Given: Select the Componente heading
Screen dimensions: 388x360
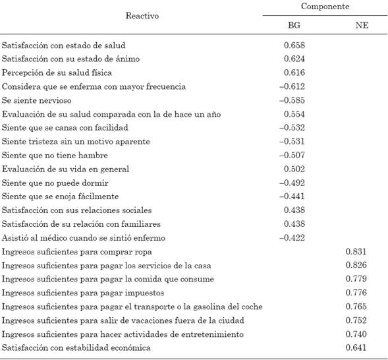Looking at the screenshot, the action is click(x=324, y=6).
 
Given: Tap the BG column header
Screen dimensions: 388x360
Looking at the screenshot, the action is click(x=293, y=24).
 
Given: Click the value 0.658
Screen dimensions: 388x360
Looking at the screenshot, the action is click(x=292, y=45).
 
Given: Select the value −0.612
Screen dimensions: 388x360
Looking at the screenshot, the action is click(x=291, y=86).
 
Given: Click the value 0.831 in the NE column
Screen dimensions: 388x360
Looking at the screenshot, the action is click(x=356, y=251).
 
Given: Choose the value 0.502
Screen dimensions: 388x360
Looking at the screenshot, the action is click(x=292, y=169).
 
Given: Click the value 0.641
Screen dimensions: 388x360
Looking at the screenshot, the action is click(x=356, y=347).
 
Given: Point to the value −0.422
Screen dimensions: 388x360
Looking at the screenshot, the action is click(x=291, y=237).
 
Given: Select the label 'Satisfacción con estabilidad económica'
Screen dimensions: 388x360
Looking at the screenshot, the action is click(x=76, y=347).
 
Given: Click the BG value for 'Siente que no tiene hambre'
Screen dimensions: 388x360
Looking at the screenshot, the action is click(x=291, y=155).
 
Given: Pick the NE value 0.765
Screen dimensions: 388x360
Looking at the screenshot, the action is click(x=356, y=306).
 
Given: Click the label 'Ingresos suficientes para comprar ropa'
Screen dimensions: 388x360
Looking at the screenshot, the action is click(x=77, y=251).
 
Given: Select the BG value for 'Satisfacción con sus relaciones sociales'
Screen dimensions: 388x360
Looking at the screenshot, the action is click(x=292, y=210).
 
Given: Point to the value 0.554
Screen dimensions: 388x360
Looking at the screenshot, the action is click(x=292, y=114).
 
